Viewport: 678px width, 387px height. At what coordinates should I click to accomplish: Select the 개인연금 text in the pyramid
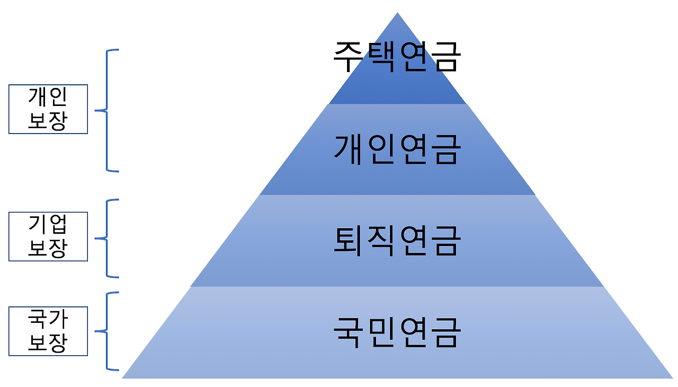[x=397, y=149]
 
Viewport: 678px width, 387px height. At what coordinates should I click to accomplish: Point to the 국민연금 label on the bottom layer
[x=397, y=332]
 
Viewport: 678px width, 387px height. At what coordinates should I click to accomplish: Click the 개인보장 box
[x=48, y=109]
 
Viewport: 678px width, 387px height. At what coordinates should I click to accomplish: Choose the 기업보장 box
[x=48, y=236]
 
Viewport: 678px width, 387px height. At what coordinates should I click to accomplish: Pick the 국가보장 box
[x=48, y=331]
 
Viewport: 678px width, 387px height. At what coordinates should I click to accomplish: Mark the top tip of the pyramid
[x=397, y=13]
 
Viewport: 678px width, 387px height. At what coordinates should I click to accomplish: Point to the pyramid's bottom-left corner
[x=123, y=377]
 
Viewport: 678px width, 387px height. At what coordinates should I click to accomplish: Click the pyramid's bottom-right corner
[x=673, y=377]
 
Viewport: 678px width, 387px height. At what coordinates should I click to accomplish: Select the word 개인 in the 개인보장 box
[x=48, y=97]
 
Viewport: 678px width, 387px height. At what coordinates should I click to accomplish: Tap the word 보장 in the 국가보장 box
[x=48, y=342]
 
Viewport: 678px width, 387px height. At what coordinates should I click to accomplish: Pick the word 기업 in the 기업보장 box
[x=48, y=225]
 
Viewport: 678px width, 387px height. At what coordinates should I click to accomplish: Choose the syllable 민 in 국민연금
[x=380, y=332]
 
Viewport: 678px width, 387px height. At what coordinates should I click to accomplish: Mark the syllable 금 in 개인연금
[x=444, y=149]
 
